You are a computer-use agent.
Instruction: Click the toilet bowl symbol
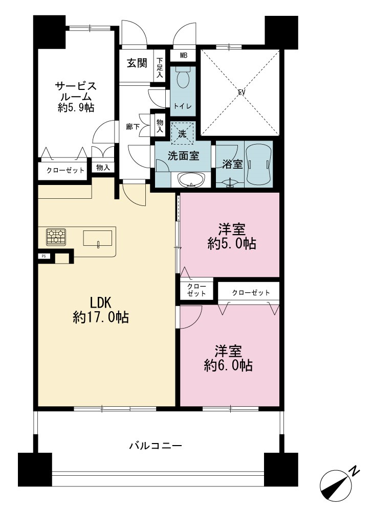(183, 77)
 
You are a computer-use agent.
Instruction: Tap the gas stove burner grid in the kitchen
(56, 237)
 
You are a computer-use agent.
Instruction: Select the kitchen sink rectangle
(98, 238)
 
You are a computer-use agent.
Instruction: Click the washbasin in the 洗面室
(191, 180)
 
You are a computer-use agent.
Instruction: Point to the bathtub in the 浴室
(258, 164)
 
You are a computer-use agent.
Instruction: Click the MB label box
(183, 55)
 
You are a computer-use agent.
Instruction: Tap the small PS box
(43, 256)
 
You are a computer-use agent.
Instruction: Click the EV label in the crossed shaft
(241, 92)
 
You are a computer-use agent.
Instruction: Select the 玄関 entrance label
(137, 63)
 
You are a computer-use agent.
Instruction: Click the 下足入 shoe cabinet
(160, 68)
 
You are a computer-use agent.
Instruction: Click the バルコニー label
(156, 445)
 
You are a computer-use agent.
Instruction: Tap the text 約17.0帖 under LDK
(100, 317)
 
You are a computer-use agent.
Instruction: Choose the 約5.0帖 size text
(232, 243)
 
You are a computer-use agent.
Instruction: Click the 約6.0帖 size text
(228, 365)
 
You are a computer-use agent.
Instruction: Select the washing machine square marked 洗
(183, 133)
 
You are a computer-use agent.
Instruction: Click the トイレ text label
(183, 106)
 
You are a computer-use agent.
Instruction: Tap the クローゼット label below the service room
(65, 170)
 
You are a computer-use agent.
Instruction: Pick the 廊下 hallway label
(133, 126)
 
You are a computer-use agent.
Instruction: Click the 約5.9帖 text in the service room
(76, 107)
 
